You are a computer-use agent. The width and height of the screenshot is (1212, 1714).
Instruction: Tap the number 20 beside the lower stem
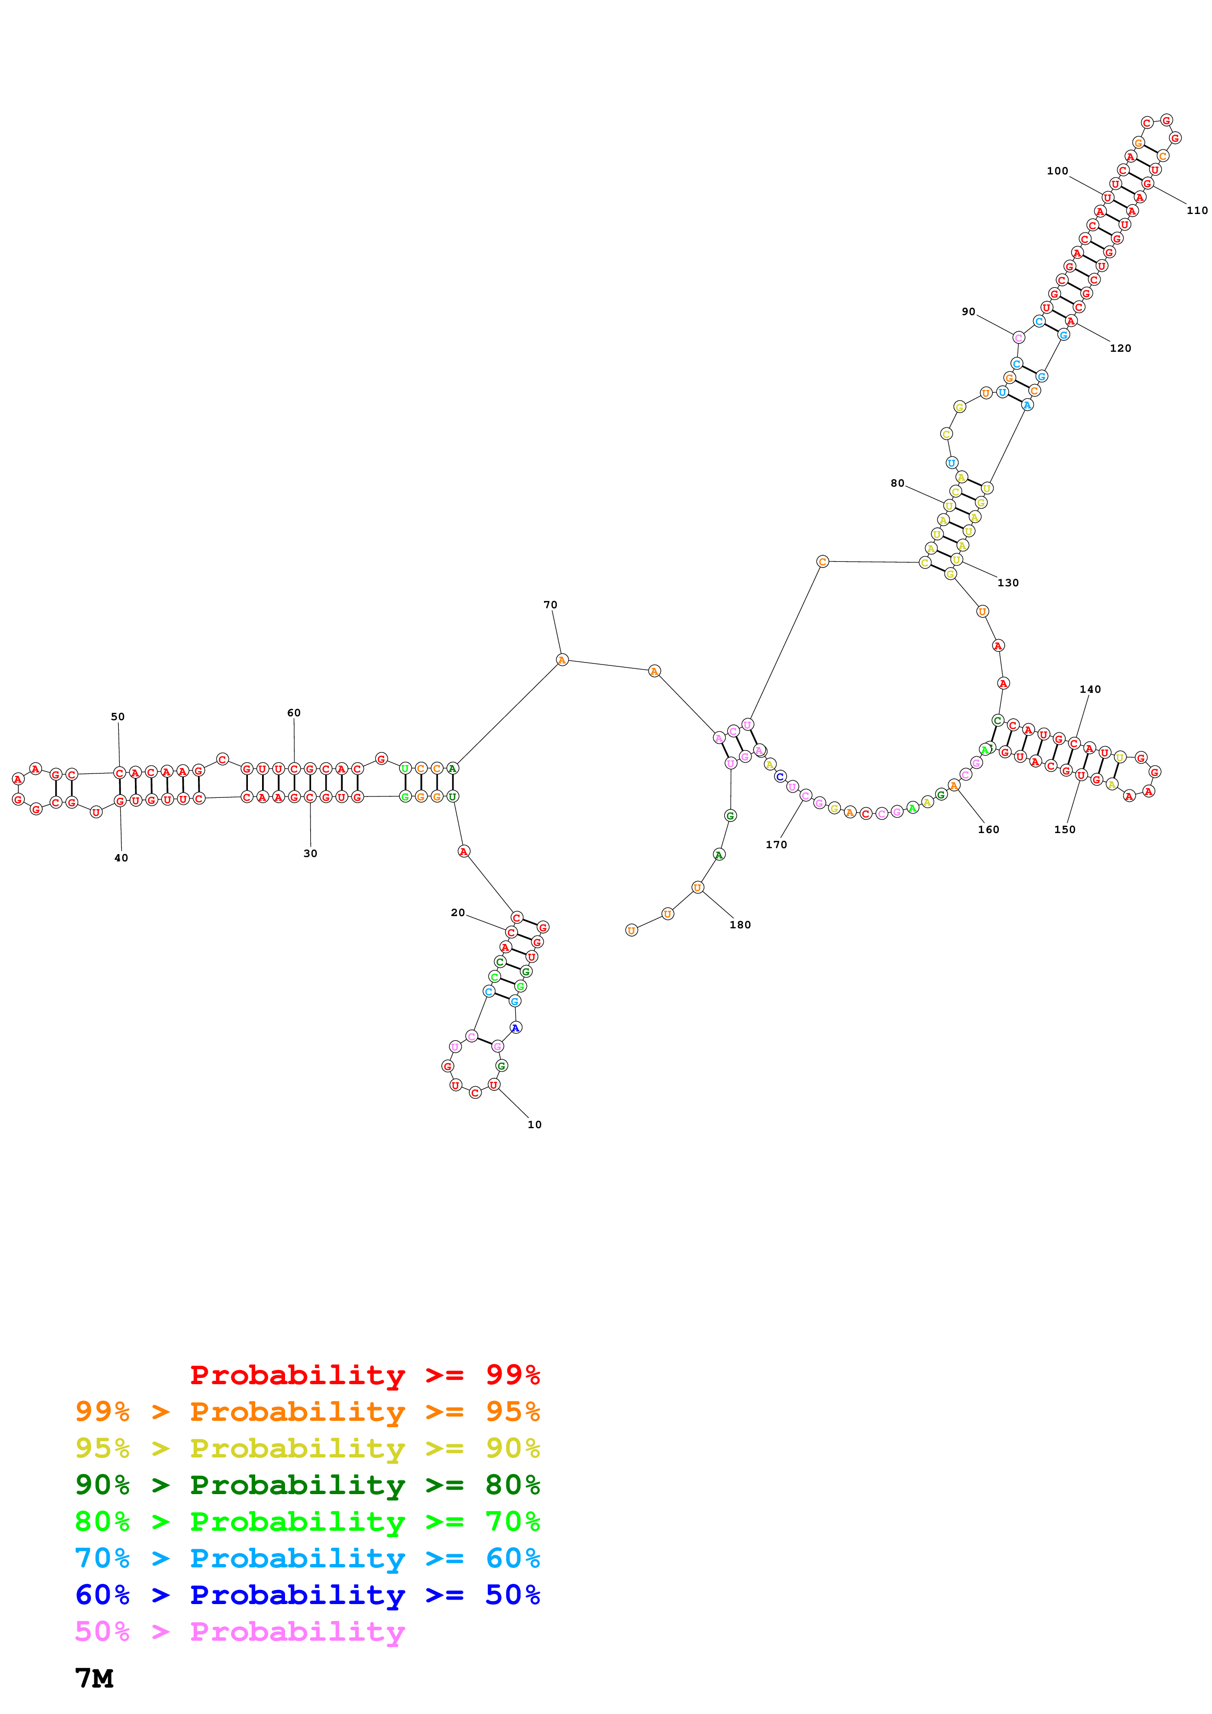(x=458, y=912)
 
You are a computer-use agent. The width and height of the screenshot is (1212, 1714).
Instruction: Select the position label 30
(x=310, y=853)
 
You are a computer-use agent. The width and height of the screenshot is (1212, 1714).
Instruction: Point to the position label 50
(x=118, y=717)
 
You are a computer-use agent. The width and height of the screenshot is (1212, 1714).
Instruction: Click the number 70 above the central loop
(x=551, y=605)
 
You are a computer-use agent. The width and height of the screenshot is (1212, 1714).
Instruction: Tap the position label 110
(x=1197, y=211)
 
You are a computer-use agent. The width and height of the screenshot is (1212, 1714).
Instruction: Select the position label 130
(x=1008, y=583)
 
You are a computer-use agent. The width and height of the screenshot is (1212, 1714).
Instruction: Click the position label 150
(x=1065, y=829)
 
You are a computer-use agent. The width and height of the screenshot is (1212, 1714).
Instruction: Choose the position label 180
(x=740, y=925)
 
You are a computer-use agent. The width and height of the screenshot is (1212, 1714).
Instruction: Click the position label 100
(x=1058, y=171)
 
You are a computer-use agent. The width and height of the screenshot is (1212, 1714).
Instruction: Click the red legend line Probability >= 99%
(x=364, y=1374)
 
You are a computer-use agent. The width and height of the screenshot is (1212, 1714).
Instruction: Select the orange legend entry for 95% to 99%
(x=307, y=1412)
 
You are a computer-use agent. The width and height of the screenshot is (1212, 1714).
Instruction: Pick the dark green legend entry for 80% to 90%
(x=307, y=1485)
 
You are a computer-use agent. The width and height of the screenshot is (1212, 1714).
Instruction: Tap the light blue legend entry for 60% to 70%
(x=307, y=1558)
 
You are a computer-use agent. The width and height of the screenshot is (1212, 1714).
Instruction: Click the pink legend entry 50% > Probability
(x=239, y=1631)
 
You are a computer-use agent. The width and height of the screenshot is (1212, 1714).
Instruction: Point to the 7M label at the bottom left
(x=94, y=1678)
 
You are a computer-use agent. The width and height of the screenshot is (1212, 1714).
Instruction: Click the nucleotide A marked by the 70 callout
(x=562, y=660)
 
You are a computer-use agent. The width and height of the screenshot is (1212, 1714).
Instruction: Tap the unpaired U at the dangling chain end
(x=632, y=930)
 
